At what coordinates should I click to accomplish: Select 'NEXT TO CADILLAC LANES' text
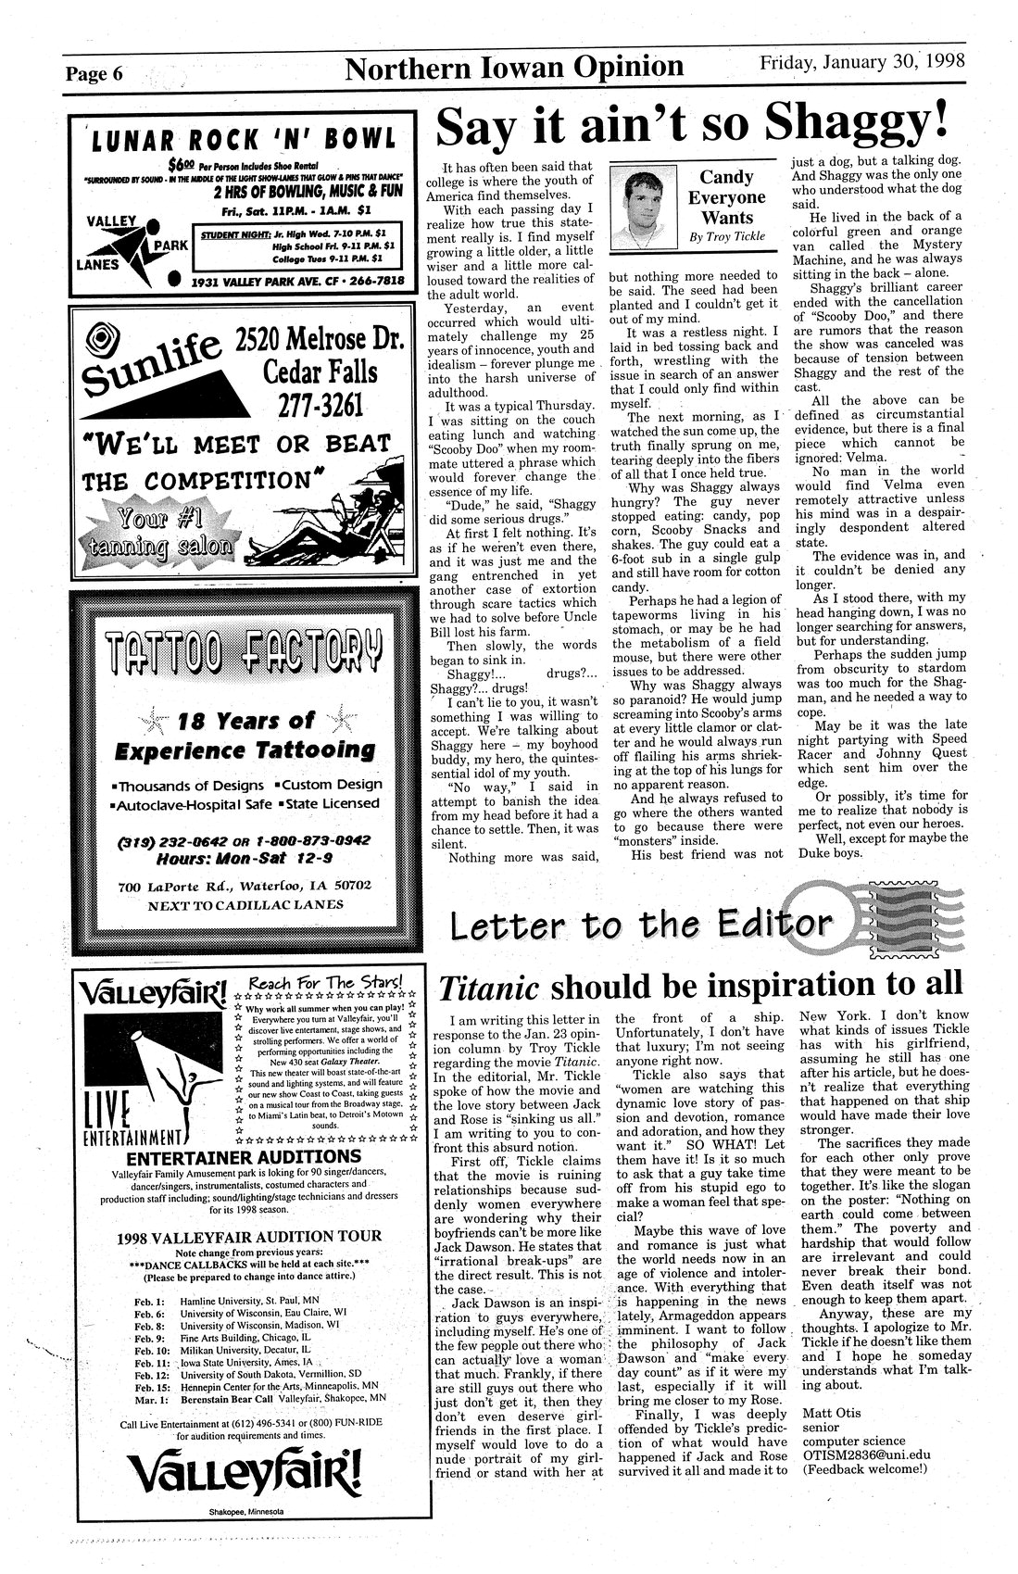245,904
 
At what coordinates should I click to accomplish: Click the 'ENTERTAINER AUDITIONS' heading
243,1156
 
